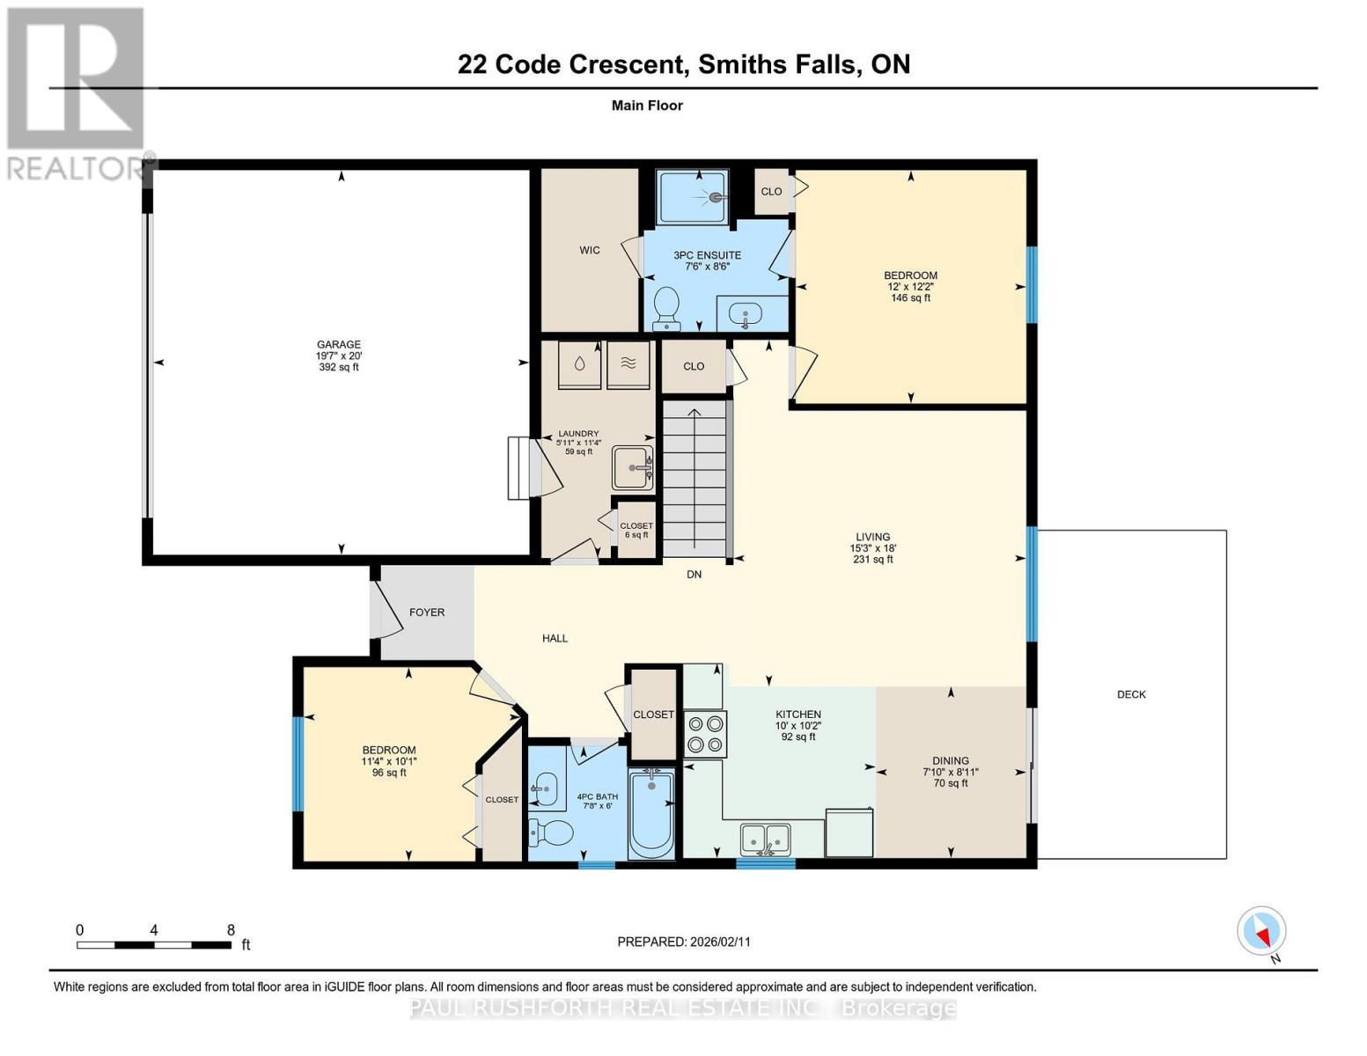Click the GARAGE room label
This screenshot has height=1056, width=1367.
click(x=339, y=345)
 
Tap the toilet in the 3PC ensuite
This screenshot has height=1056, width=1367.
click(x=666, y=307)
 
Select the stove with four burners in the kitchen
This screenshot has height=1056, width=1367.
click(x=705, y=734)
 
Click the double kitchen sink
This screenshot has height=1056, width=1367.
click(x=766, y=839)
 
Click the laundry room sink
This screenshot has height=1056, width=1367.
click(x=633, y=467)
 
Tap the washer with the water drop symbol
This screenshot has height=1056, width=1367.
click(x=579, y=364)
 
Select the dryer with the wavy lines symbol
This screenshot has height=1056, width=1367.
click(x=628, y=364)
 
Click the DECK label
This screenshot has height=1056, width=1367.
click(x=1131, y=694)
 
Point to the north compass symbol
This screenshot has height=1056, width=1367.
click(x=1261, y=931)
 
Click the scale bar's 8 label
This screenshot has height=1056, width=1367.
click(x=231, y=930)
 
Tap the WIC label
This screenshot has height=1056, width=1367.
click(x=590, y=250)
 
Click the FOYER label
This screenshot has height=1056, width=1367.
click(x=427, y=612)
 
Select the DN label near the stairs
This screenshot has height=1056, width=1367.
click(x=695, y=575)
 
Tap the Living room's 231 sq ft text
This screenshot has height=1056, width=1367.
click(x=872, y=560)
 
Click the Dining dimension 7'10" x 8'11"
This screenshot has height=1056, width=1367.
click(x=951, y=772)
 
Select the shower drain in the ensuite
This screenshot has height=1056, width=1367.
click(x=717, y=198)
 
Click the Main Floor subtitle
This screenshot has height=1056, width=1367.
click(x=647, y=106)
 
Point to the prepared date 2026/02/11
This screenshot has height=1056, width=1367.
click(x=684, y=942)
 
